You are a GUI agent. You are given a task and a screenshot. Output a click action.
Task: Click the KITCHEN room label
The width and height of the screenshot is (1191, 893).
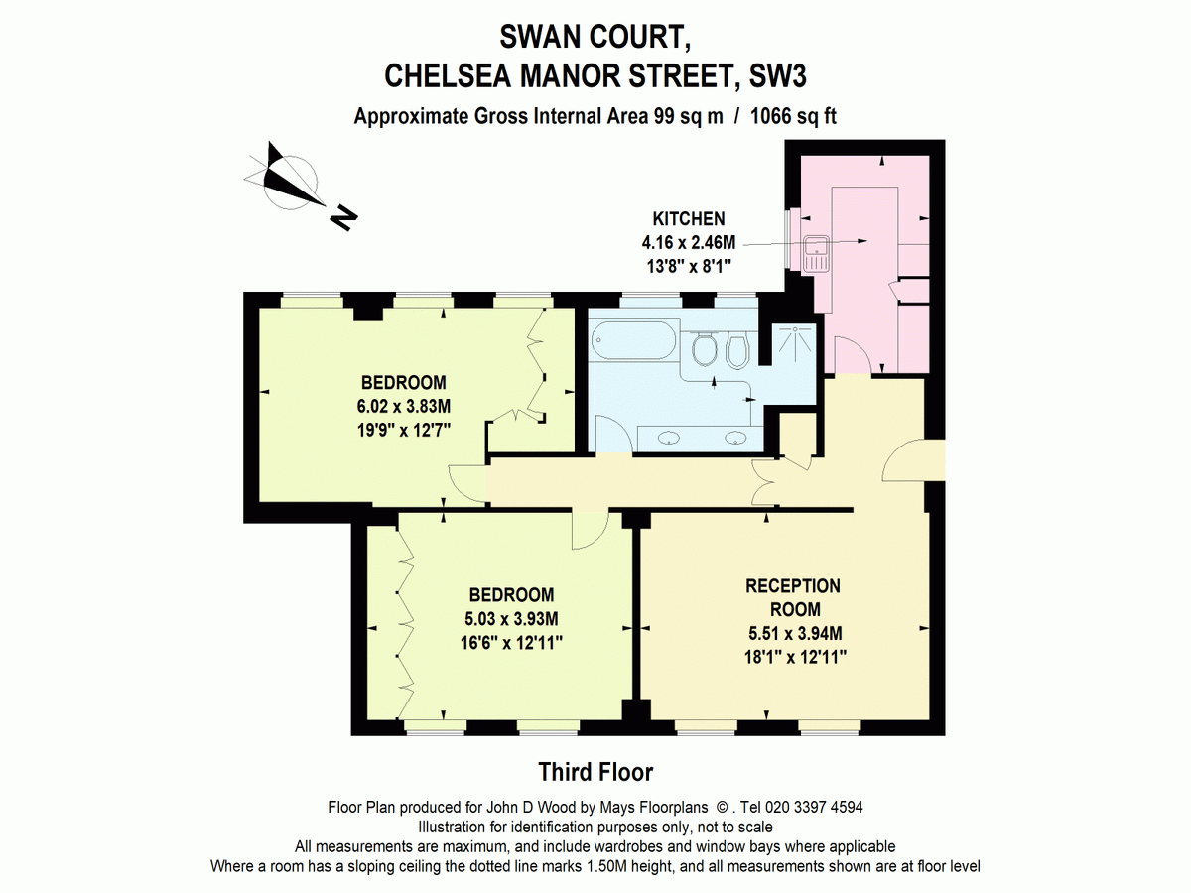tap(689, 219)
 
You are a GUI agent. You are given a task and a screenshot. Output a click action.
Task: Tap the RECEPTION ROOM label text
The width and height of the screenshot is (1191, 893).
tap(793, 597)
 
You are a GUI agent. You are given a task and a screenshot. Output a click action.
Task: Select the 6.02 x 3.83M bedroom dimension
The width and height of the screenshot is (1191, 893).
tap(404, 406)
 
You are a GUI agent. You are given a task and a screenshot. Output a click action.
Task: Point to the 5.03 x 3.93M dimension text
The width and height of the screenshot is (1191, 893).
tap(511, 618)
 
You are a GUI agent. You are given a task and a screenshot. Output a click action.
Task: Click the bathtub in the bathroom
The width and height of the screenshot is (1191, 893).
tap(634, 340)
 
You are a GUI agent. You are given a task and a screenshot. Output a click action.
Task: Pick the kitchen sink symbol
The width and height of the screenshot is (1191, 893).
tap(816, 253)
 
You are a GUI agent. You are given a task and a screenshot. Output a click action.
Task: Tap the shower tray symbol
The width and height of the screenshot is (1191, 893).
tap(794, 343)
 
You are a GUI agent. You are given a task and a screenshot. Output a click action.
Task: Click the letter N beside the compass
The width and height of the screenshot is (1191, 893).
tap(343, 218)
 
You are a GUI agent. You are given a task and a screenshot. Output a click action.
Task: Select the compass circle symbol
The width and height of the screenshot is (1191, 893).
tap(290, 183)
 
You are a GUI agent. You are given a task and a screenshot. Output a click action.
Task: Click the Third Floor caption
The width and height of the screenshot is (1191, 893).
tap(595, 772)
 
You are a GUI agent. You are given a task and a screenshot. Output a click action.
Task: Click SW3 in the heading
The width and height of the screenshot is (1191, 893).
tap(777, 76)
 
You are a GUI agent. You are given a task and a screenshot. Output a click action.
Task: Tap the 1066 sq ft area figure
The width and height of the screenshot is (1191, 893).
tap(793, 116)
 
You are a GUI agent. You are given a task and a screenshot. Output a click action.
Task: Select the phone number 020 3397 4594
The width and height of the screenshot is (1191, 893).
tap(814, 808)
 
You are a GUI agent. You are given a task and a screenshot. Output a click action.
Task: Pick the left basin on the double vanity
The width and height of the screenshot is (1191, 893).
tap(669, 439)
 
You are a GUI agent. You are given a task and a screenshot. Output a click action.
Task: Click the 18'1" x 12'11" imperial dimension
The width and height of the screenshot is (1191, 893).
tap(795, 657)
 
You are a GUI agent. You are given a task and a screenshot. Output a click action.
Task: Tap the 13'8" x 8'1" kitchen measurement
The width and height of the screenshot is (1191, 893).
tap(689, 267)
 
